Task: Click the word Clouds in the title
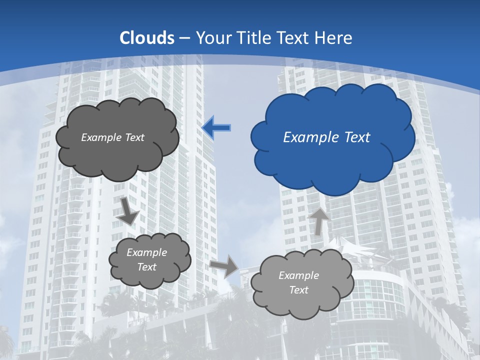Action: pyautogui.click(x=147, y=38)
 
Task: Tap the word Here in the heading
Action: pyautogui.click(x=335, y=38)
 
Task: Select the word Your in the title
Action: pyautogui.click(x=212, y=38)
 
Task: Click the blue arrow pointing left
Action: pyautogui.click(x=217, y=128)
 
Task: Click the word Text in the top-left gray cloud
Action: pyautogui.click(x=134, y=137)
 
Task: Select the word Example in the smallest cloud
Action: pyautogui.click(x=146, y=252)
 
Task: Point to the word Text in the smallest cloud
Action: pyautogui.click(x=146, y=267)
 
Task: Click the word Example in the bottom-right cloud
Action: pyautogui.click(x=298, y=275)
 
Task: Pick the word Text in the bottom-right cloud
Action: pyautogui.click(x=298, y=290)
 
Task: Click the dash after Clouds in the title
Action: pyautogui.click(x=184, y=38)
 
